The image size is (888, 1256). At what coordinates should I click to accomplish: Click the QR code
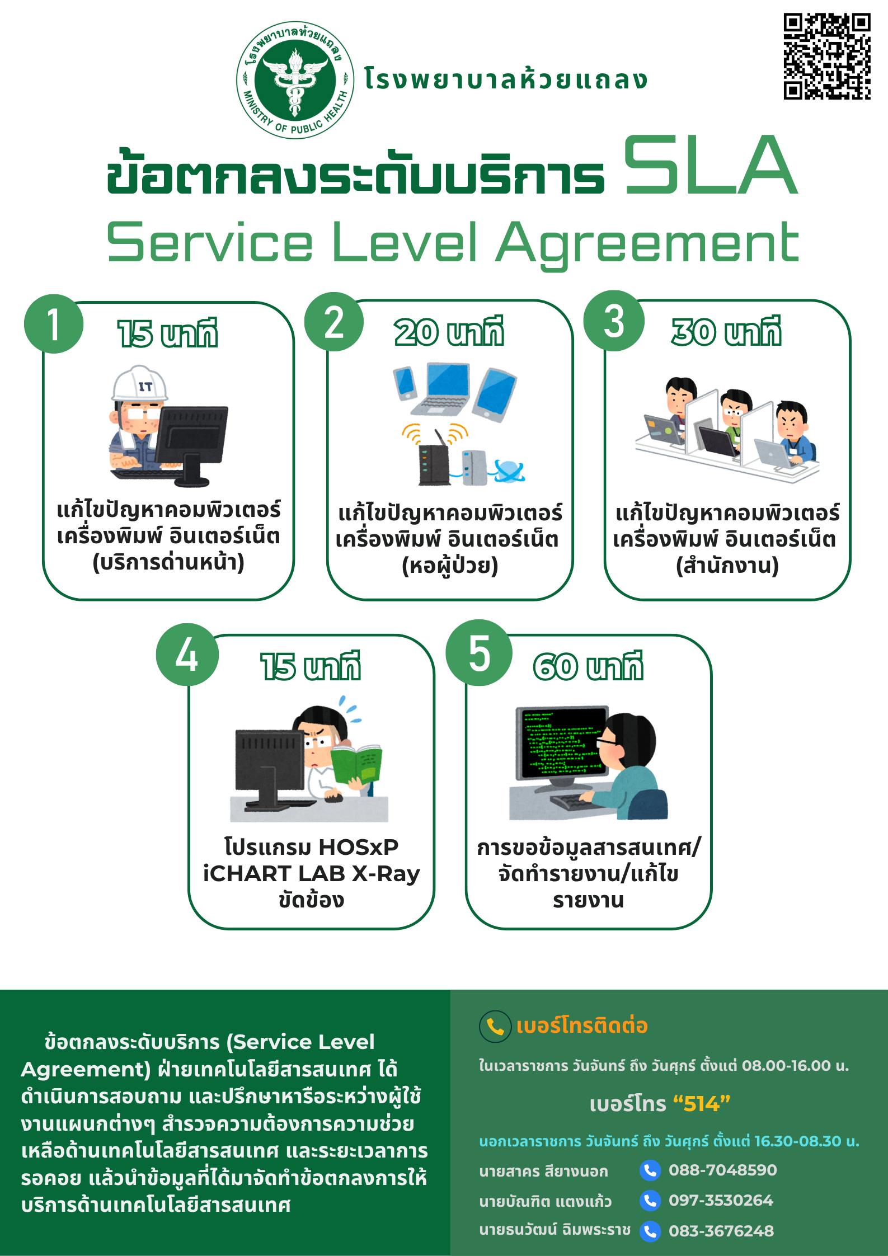[x=827, y=56]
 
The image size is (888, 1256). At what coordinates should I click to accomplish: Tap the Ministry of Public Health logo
[x=295, y=80]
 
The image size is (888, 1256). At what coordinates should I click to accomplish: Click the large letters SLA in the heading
[x=711, y=165]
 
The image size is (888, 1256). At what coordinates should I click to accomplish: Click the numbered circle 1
[x=54, y=324]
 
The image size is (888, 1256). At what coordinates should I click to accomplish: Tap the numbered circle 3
[x=614, y=321]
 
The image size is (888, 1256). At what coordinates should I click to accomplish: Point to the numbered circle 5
[x=479, y=653]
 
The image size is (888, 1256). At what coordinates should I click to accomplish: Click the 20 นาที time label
[x=449, y=332]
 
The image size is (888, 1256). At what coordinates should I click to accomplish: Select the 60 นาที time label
[x=588, y=666]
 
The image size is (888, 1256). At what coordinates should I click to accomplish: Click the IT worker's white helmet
[x=140, y=383]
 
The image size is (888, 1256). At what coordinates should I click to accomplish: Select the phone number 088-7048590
[x=722, y=1170]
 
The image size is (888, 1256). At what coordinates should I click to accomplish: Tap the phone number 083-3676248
[x=721, y=1231]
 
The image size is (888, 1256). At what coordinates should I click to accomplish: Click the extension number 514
[x=702, y=1104]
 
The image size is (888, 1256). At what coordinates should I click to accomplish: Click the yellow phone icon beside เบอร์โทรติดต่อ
[x=495, y=1027]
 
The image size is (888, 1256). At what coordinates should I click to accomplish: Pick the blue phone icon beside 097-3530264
[x=650, y=1201]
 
